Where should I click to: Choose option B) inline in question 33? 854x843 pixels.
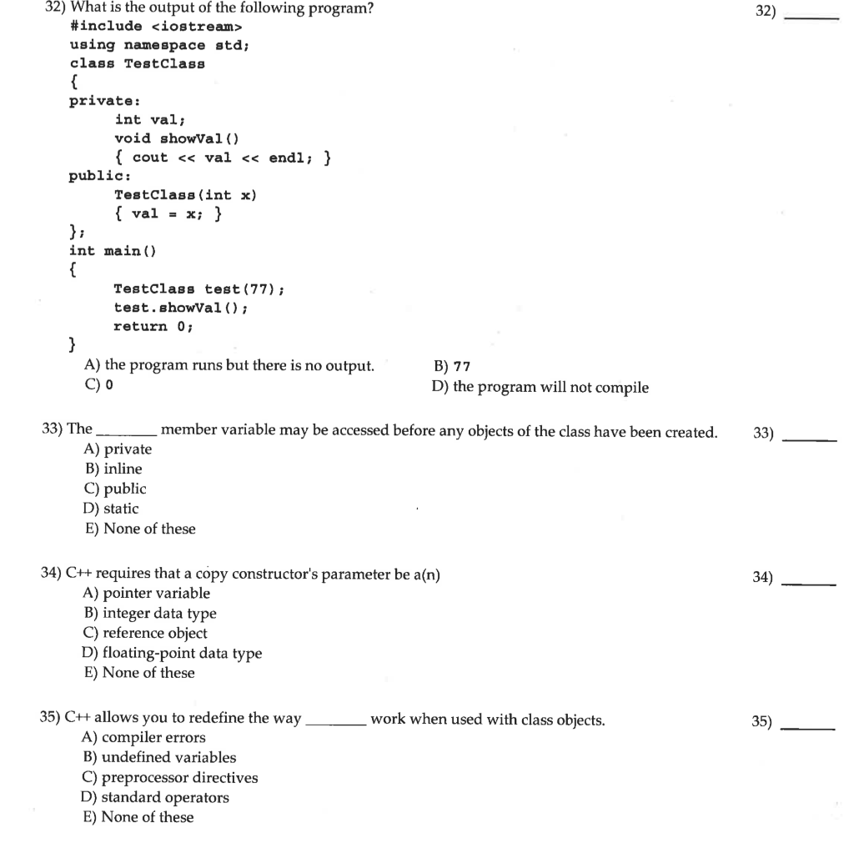(112, 469)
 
